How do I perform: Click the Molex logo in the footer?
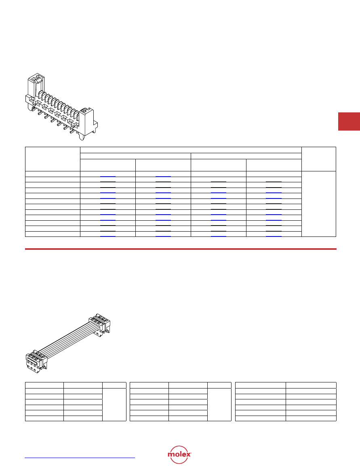179,454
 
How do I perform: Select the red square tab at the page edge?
349,121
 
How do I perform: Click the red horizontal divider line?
181,249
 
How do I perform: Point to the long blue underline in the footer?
80,458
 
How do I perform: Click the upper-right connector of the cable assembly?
99,325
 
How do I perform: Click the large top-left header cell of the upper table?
53,159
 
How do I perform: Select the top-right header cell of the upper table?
319,159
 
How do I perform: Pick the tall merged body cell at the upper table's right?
319,204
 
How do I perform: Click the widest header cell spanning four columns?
191,150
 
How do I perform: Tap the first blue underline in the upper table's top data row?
108,176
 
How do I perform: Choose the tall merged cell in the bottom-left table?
114,404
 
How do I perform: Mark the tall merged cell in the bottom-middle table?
219,404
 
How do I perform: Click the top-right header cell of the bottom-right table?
311,385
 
